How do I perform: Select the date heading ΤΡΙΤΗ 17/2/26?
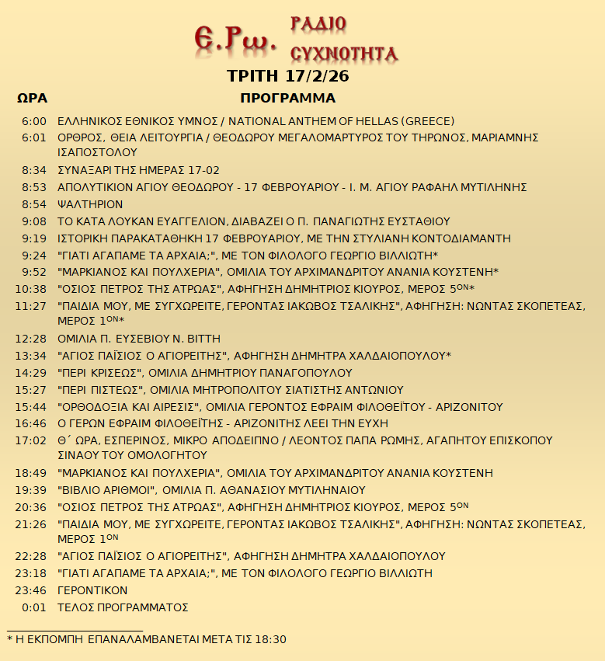287,76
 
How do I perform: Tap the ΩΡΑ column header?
32,99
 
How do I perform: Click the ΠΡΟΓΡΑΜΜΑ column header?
287,99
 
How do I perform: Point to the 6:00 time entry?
35,121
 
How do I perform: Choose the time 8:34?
35,170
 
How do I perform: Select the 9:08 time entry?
35,221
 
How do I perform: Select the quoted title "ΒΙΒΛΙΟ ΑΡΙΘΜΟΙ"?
108,490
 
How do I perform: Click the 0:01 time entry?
35,607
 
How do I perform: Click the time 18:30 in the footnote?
271,639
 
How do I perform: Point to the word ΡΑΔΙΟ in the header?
318,24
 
